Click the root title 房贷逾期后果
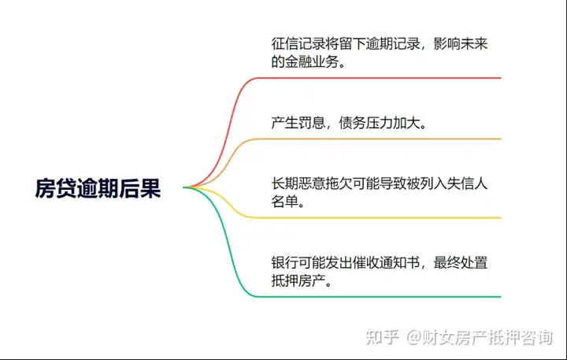pos(98,188)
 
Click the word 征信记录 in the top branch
pos(298,44)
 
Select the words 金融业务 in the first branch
pos(312,61)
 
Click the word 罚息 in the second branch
pos(312,123)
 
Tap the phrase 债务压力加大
pos(380,123)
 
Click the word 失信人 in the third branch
pos(467,184)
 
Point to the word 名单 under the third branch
pos(285,201)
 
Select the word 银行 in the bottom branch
pos(285,262)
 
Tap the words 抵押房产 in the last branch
pos(298,280)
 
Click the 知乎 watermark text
pos(382,337)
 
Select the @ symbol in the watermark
pos(414,338)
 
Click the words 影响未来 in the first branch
pos(461,44)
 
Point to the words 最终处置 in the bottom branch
pos(461,262)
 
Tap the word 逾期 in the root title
pos(98,188)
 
